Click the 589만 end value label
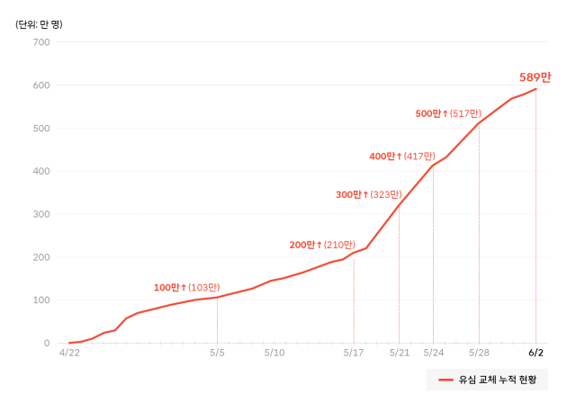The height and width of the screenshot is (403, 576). (x=535, y=77)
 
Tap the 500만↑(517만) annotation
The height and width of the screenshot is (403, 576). (x=448, y=113)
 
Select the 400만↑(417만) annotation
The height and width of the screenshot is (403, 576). (x=402, y=157)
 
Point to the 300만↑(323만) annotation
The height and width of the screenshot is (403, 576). (x=368, y=194)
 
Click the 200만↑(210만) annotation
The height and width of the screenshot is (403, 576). (x=322, y=245)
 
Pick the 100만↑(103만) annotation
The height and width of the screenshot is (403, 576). (x=186, y=288)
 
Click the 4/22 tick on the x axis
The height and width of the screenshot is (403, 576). (x=69, y=354)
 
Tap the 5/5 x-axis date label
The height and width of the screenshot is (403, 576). (x=217, y=354)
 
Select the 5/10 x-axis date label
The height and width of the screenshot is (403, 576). (x=274, y=354)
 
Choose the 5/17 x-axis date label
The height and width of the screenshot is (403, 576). (x=354, y=354)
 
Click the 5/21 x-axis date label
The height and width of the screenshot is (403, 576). (x=399, y=354)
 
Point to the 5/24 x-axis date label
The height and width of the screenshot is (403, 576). (x=433, y=354)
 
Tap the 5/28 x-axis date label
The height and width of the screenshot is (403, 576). (x=479, y=354)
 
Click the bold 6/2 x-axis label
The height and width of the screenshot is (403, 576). (x=535, y=354)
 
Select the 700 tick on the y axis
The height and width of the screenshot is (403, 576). (x=40, y=42)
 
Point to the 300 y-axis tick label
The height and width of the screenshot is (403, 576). (x=40, y=214)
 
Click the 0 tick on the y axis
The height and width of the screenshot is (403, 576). (x=46, y=343)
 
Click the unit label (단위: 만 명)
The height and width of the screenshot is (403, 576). (x=40, y=24)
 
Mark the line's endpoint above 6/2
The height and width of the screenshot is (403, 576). (x=536, y=88)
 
